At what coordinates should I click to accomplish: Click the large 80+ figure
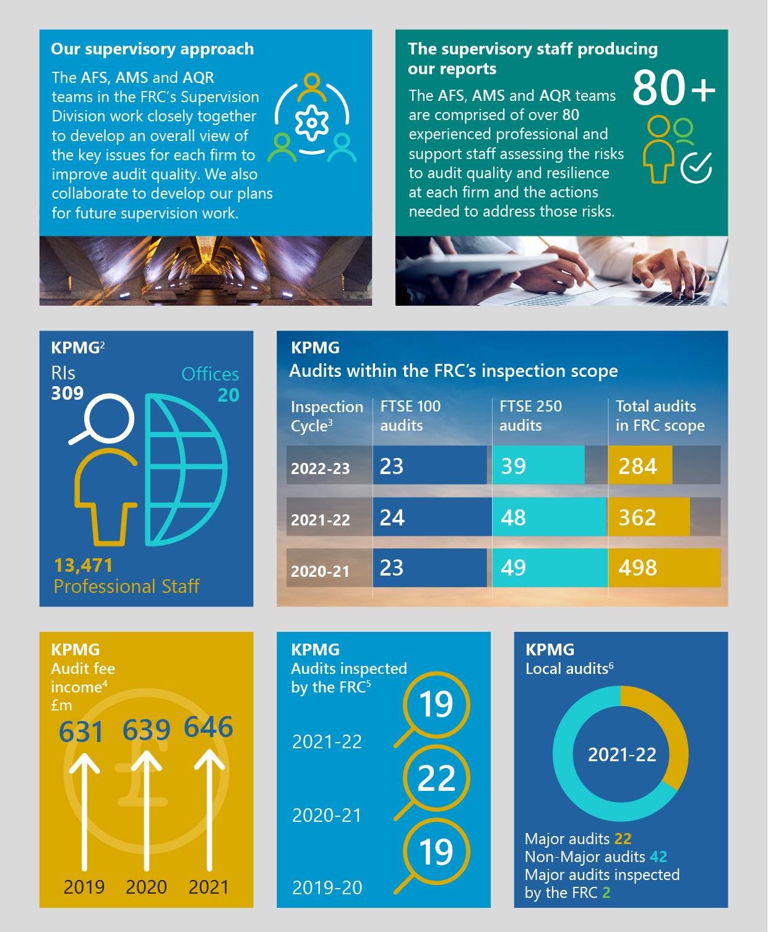pyautogui.click(x=673, y=88)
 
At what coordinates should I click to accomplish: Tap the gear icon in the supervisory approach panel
pyautogui.click(x=311, y=122)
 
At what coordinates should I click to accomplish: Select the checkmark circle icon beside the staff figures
pyautogui.click(x=696, y=167)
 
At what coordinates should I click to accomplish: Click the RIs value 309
pyautogui.click(x=67, y=393)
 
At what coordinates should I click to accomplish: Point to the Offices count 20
pyautogui.click(x=228, y=395)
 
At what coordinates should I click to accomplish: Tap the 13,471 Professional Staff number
pyautogui.click(x=84, y=566)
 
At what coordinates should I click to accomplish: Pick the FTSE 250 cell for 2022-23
pyautogui.click(x=538, y=465)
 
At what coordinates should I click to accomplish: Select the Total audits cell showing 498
pyautogui.click(x=663, y=567)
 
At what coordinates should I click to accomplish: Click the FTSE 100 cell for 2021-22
pyautogui.click(x=429, y=517)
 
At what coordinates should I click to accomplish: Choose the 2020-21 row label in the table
pyautogui.click(x=321, y=571)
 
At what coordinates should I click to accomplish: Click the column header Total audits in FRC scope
pyautogui.click(x=660, y=416)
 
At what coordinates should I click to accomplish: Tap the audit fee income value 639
pyautogui.click(x=146, y=730)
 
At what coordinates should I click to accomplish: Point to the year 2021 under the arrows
pyautogui.click(x=209, y=887)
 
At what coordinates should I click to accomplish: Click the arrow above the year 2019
pyautogui.click(x=84, y=811)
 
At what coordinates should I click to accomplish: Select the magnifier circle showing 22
pyautogui.click(x=436, y=779)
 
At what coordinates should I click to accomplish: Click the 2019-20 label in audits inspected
pyautogui.click(x=327, y=887)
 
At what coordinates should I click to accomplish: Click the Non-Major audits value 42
pyautogui.click(x=658, y=856)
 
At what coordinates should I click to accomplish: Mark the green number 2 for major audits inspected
pyautogui.click(x=606, y=892)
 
